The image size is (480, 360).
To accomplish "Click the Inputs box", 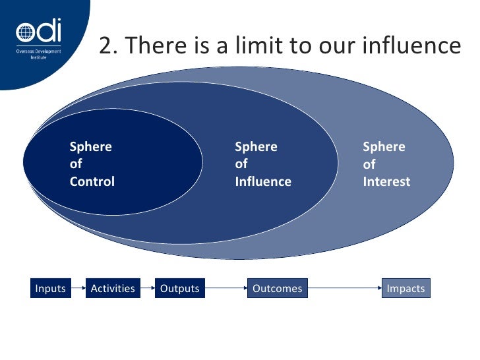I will coord(50,288).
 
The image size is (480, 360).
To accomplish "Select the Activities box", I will coord(113,288).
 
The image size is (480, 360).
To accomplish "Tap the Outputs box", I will coord(179,288).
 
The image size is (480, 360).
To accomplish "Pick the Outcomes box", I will coord(278,288).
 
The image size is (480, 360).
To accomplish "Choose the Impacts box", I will coord(405,288).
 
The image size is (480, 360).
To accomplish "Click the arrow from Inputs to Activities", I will coord(76,288).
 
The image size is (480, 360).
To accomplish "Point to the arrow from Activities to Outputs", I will coord(148,288).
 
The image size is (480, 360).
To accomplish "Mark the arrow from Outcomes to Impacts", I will coord(345,288).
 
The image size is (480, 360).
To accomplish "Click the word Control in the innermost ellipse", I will coord(92,181).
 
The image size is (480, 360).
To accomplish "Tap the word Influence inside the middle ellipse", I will coord(262,181).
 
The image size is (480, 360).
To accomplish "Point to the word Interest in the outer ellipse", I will coord(386,181).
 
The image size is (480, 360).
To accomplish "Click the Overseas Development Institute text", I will coord(39,54).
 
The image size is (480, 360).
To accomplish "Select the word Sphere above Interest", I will coord(384,147).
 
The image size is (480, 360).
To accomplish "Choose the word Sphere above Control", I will coord(91,147).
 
